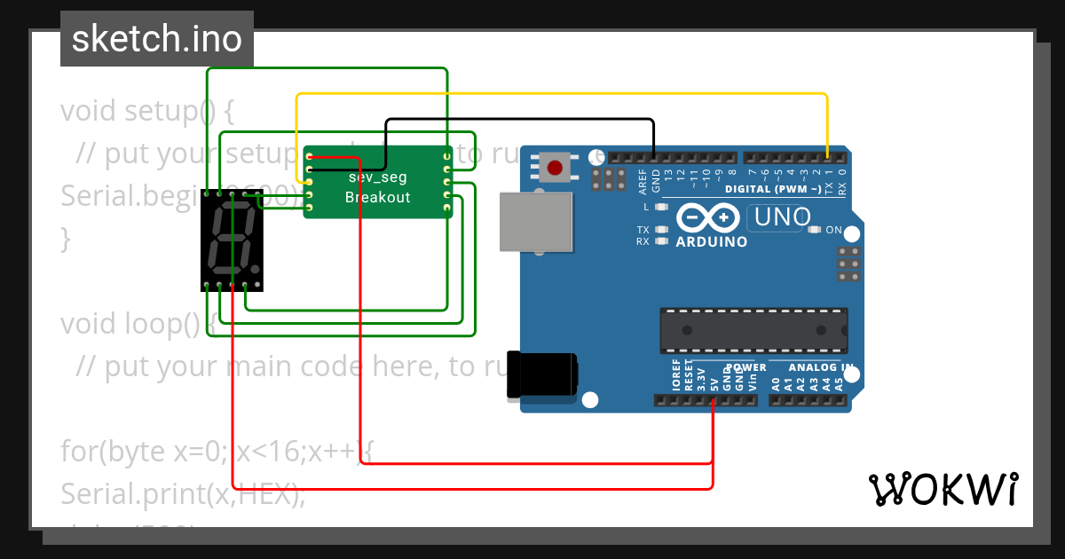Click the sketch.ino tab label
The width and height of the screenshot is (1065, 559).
tap(156, 39)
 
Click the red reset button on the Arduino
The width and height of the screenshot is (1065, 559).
tap(556, 167)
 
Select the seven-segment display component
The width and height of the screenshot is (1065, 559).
tap(232, 240)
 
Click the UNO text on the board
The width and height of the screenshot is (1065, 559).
tap(781, 217)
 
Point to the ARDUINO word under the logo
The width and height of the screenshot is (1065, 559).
tap(711, 241)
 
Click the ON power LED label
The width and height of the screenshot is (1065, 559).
tap(833, 230)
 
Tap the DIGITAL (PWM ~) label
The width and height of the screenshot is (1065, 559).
tap(772, 189)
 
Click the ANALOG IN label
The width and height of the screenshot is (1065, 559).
tap(821, 367)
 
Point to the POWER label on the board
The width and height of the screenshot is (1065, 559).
tap(746, 367)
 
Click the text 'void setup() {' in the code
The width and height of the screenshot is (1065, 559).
tap(146, 112)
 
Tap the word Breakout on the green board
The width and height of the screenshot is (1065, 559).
tap(378, 197)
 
